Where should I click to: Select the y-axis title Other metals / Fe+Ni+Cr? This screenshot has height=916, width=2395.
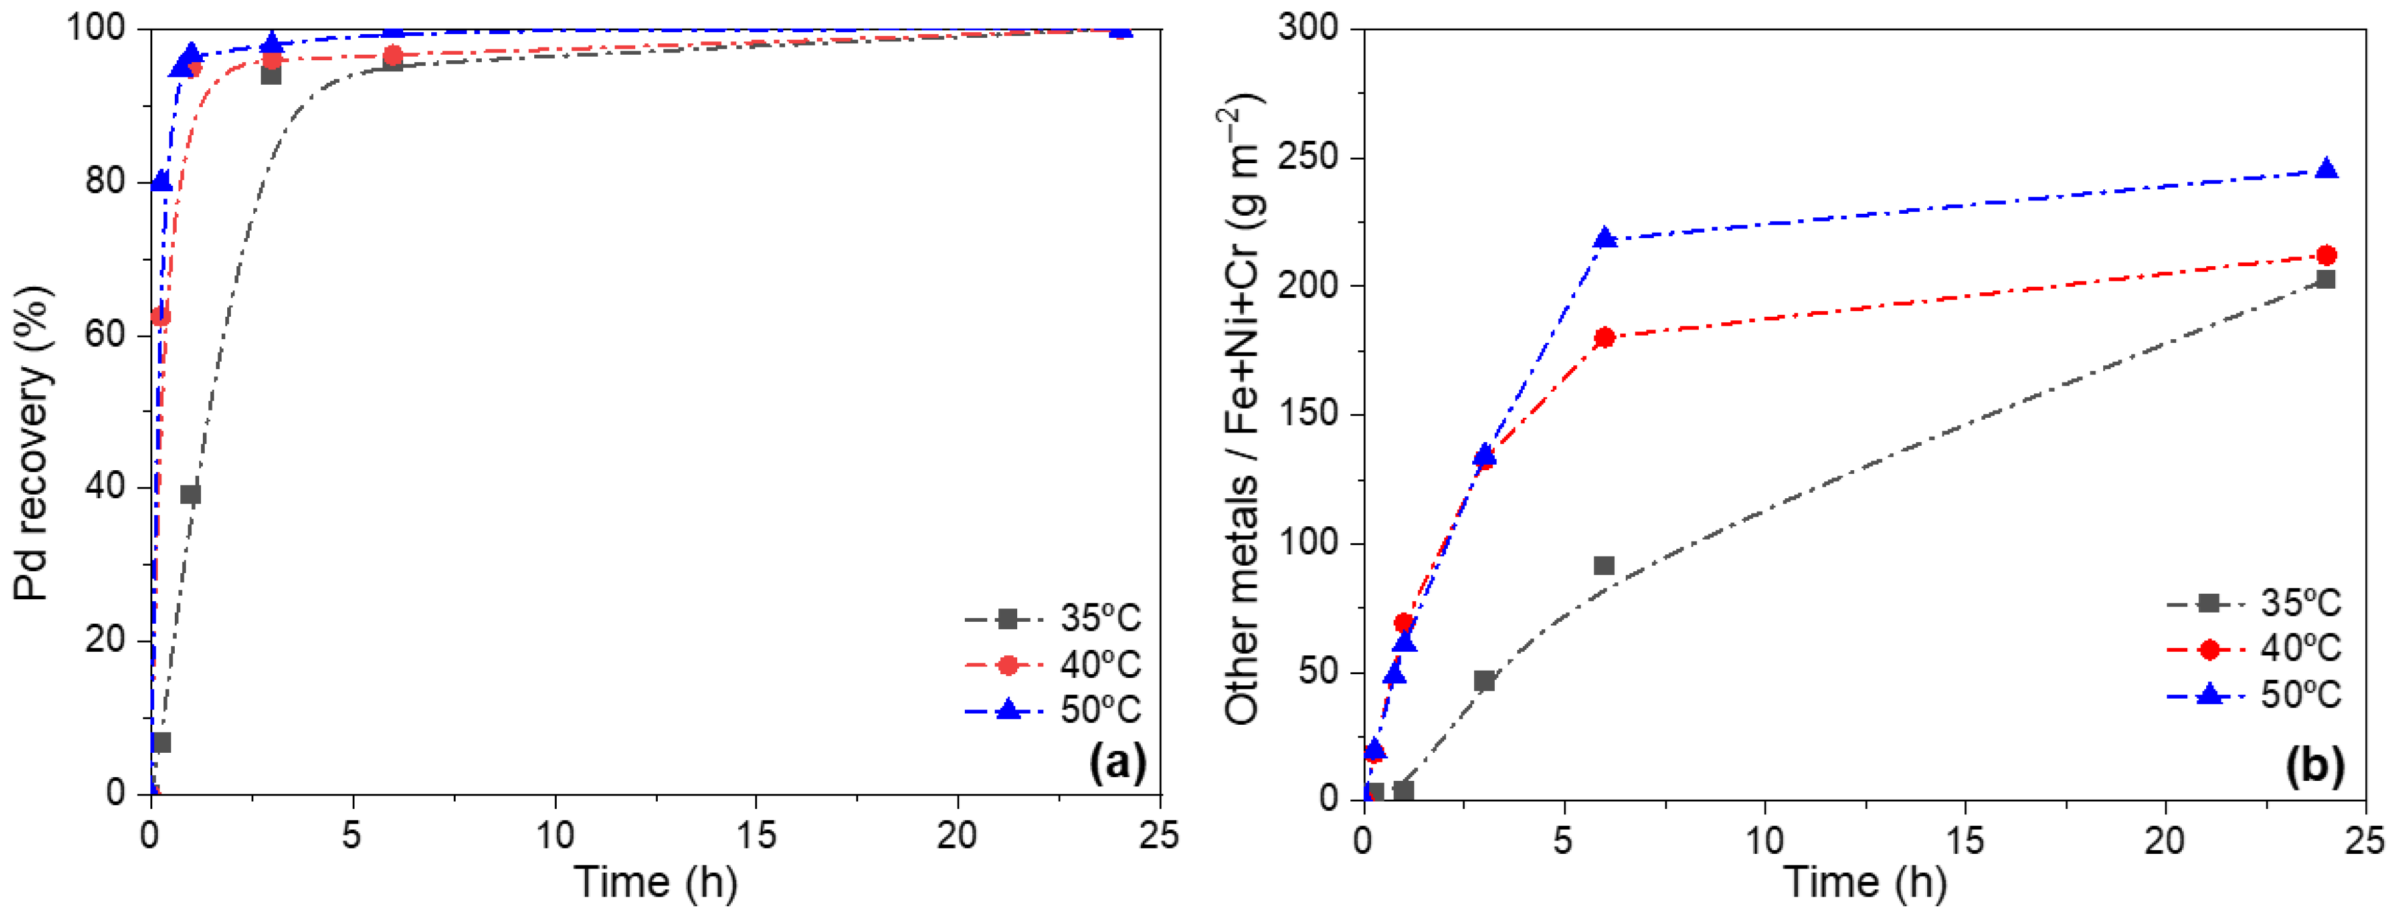pos(1244,409)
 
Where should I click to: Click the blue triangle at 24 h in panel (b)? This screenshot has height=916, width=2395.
pos(2326,169)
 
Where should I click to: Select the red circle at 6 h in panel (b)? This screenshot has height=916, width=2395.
pos(1604,337)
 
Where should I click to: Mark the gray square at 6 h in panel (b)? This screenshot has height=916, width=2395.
pos(1604,565)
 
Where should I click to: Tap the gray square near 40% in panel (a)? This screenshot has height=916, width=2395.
pos(191,494)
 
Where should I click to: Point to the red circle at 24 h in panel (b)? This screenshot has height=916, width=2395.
pos(2326,255)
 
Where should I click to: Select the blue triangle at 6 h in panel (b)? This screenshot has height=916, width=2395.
pos(1604,238)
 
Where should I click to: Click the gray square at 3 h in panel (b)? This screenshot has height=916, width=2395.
pos(1484,681)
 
